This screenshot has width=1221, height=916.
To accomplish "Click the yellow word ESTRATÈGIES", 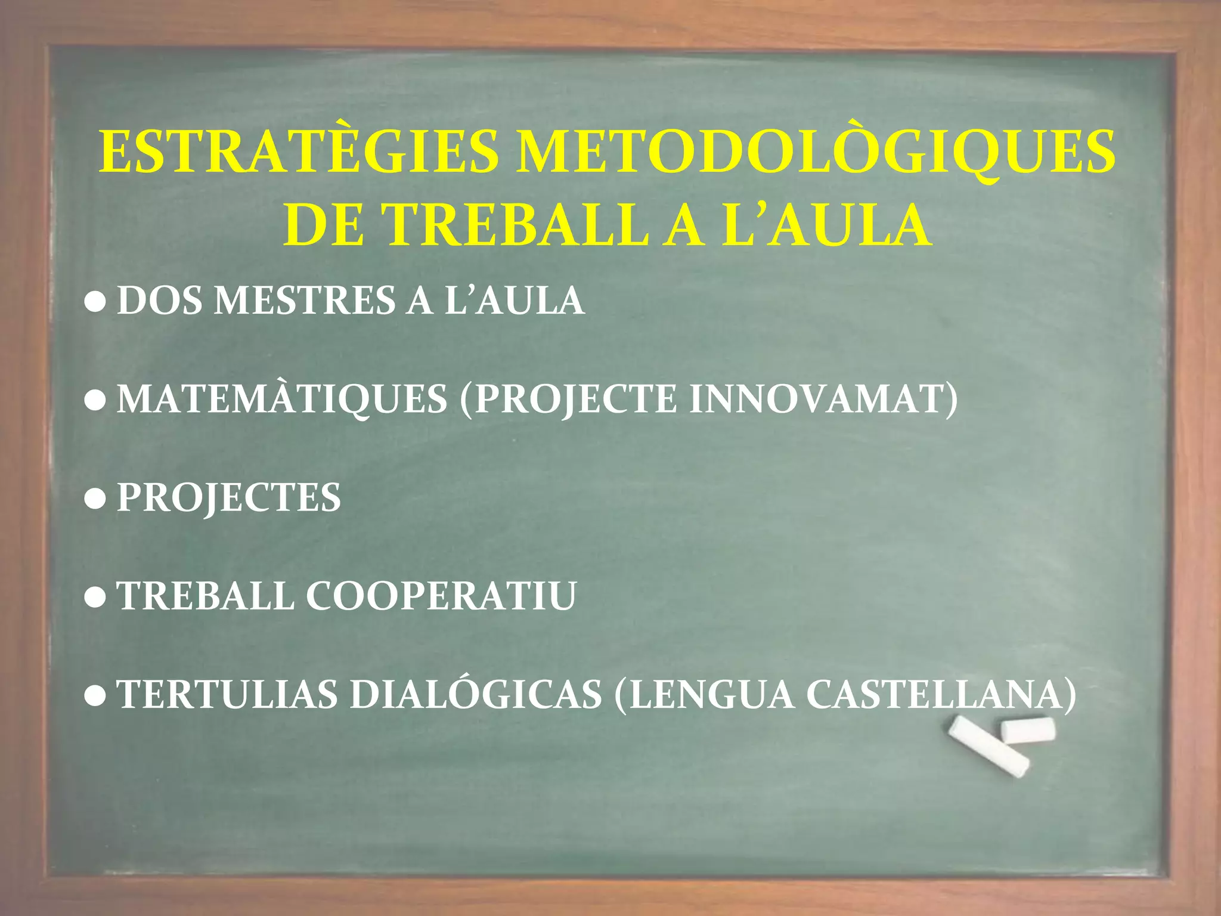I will tap(299, 152).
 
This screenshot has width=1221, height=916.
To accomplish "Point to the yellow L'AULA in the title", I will tap(826, 225).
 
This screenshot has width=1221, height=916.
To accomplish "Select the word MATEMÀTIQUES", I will tap(282, 399).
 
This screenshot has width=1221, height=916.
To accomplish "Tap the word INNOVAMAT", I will tap(823, 399).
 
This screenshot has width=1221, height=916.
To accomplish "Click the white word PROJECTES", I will tap(229, 497).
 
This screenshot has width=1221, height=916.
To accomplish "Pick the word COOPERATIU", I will tap(441, 596).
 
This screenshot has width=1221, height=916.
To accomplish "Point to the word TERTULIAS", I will tap(227, 694).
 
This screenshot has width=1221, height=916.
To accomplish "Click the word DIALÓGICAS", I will tap(476, 694).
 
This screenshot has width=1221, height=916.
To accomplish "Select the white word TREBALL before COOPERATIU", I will tap(206, 596).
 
